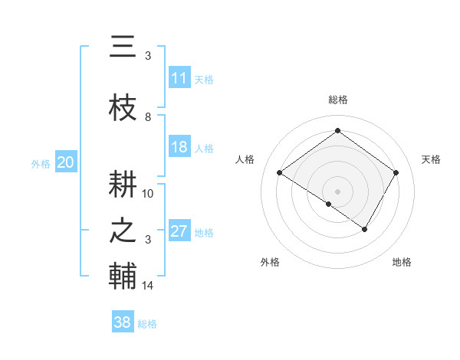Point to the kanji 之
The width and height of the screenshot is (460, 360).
pyautogui.click(x=123, y=231)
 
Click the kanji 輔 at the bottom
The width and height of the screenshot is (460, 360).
pyautogui.click(x=123, y=276)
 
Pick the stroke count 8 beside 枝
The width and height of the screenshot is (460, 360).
pyautogui.click(x=148, y=116)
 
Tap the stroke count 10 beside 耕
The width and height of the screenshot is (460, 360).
pyautogui.click(x=148, y=193)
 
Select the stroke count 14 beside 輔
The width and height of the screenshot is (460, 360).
pyautogui.click(x=148, y=286)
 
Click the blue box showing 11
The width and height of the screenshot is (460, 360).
pyautogui.click(x=179, y=78)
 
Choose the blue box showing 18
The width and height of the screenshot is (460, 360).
pyautogui.click(x=179, y=147)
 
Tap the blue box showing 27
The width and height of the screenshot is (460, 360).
pyautogui.click(x=179, y=231)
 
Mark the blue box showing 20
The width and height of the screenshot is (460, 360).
pyautogui.click(x=65, y=162)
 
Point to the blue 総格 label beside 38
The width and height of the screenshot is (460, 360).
pyautogui.click(x=147, y=324)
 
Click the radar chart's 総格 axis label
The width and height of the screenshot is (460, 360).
pyautogui.click(x=337, y=100)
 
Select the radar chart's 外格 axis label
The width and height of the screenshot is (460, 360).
pyautogui.click(x=270, y=262)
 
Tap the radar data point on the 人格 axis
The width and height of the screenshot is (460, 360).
pyautogui.click(x=280, y=173)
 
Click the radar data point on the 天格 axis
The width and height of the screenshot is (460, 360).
pyautogui.click(x=396, y=173)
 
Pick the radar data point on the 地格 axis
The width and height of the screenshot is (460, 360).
pyautogui.click(x=365, y=229)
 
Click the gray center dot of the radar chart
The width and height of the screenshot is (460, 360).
pyautogui.click(x=337, y=191)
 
